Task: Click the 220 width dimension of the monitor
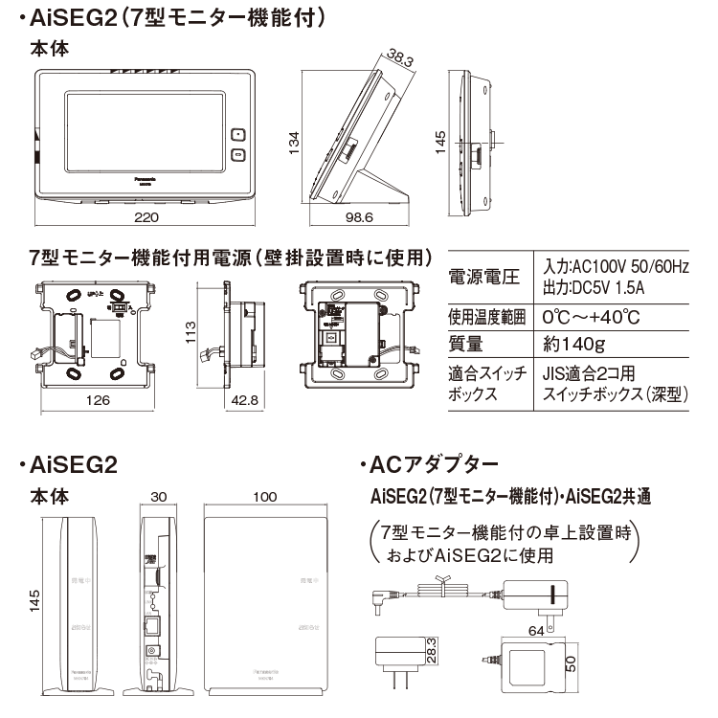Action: pos(146,218)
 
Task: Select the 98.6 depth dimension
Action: pos(359,218)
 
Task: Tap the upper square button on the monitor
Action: pos(237,135)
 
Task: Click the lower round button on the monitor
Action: pos(237,154)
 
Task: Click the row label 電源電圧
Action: pos(483,277)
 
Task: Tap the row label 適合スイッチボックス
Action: pos(483,383)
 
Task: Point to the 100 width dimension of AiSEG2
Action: pos(265,498)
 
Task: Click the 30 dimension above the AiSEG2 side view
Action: pos(158,498)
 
